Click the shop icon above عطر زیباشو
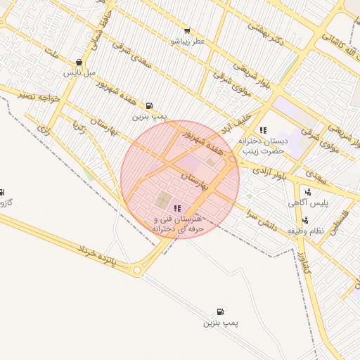[186, 31]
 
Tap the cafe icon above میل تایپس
[78, 62]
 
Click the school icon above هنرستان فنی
[176, 208]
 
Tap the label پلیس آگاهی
[308, 202]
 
